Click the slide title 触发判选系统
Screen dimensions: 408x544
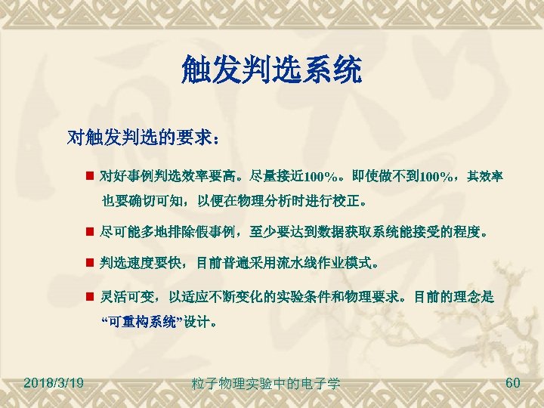[271, 71]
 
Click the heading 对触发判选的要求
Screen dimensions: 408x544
[144, 138]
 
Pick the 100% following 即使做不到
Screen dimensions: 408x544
[437, 177]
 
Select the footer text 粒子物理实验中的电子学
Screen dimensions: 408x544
[266, 384]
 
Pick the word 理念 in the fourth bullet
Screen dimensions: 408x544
[464, 298]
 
